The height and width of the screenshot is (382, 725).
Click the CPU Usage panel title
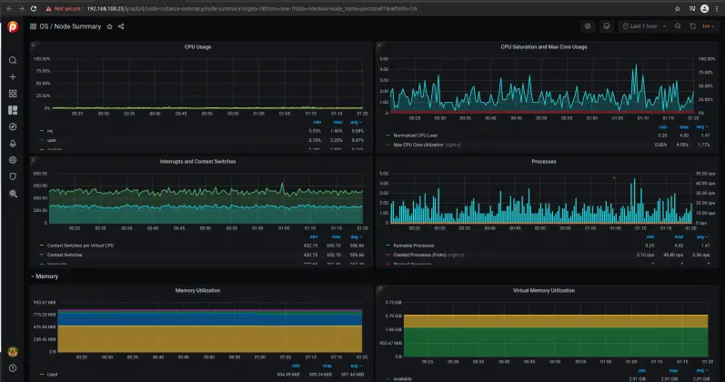[197, 46]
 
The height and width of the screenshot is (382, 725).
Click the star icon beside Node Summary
[110, 26]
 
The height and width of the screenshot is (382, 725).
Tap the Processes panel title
[543, 162]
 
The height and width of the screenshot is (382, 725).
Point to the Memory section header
[47, 276]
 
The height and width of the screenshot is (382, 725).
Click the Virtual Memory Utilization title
[544, 290]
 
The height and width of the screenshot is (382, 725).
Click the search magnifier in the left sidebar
[13, 60]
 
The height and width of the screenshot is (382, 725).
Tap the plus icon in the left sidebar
[13, 76]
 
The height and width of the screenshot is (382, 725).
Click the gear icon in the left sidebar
[13, 159]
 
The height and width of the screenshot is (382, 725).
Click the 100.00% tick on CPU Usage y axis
[42, 58]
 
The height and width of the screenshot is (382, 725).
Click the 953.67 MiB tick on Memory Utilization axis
[45, 302]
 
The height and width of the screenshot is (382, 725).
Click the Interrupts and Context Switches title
[197, 162]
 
